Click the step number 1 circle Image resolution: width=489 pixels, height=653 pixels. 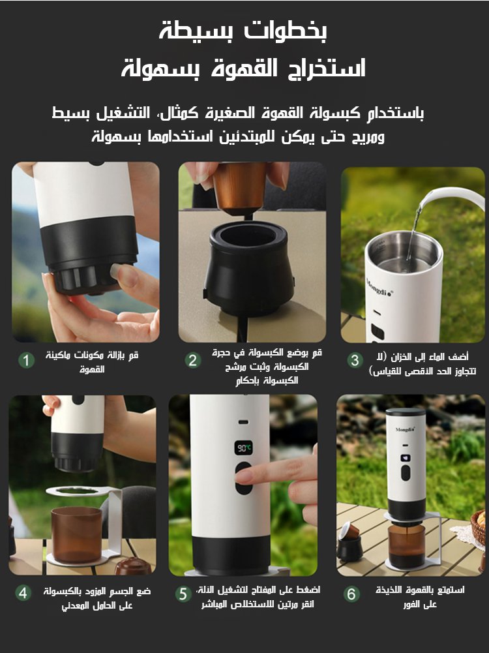point(26,360)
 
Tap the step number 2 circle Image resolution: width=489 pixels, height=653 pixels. point(192,360)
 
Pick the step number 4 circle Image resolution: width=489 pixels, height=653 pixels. point(23,593)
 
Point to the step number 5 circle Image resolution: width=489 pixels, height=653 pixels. point(183,594)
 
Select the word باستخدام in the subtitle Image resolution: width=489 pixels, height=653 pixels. point(392,113)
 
